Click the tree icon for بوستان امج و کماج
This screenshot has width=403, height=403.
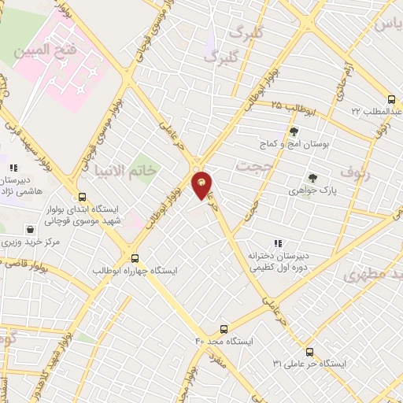(x=294, y=131)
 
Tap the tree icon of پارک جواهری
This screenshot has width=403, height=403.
(x=312, y=178)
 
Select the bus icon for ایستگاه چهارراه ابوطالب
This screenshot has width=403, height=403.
(x=135, y=257)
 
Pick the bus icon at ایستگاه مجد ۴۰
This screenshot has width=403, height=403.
(x=224, y=329)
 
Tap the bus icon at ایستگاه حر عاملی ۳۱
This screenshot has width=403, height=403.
(x=309, y=352)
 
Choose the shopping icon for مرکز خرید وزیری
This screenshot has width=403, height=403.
(x=30, y=229)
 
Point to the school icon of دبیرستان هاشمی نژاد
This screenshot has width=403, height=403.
(x=13, y=167)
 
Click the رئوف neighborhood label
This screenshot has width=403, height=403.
(x=353, y=172)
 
